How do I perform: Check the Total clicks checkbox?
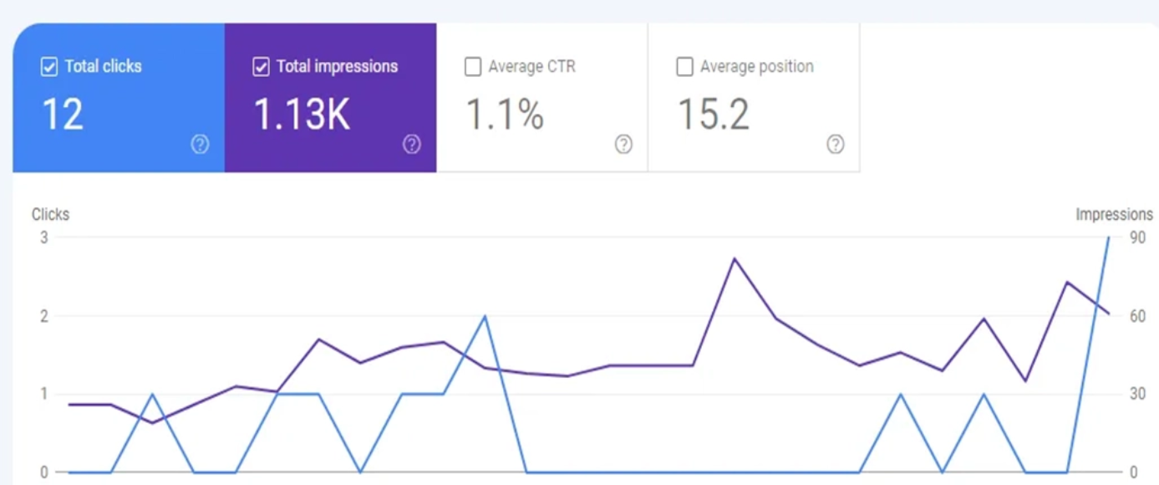[49, 67]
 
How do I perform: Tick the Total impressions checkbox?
[261, 67]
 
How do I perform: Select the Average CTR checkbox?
[472, 67]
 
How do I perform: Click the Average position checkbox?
[684, 67]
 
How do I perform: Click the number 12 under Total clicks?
[63, 114]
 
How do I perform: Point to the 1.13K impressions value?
[302, 114]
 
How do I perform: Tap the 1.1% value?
[505, 114]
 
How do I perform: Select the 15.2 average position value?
[714, 114]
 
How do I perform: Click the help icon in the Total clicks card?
[201, 144]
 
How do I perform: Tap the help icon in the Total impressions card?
[412, 144]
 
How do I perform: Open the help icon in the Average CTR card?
[623, 144]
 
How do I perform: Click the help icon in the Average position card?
[836, 144]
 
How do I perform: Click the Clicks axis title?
[50, 214]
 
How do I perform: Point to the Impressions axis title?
[1114, 214]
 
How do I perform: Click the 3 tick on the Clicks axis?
[44, 237]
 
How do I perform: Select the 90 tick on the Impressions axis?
[1137, 237]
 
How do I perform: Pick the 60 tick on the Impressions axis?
[1137, 316]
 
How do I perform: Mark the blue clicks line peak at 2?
[485, 316]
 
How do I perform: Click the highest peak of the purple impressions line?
[735, 258]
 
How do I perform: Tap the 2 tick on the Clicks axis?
[44, 316]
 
